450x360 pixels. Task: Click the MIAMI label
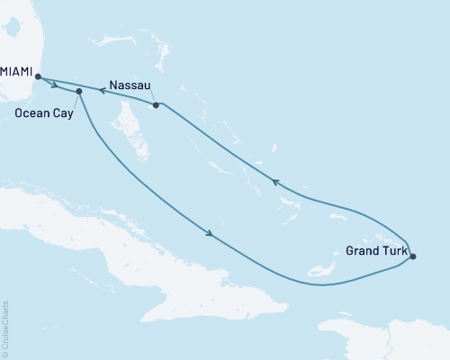(x=15, y=67)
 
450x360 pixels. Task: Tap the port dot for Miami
(x=38, y=77)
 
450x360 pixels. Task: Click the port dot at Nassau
(x=157, y=105)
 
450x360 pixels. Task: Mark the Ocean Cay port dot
(x=80, y=92)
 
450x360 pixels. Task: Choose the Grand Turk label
(x=374, y=249)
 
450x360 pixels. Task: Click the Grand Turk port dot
(x=413, y=257)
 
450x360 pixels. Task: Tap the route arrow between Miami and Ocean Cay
(x=56, y=86)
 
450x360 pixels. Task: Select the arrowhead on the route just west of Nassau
(x=101, y=90)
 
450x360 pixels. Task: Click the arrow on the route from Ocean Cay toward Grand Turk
(x=210, y=235)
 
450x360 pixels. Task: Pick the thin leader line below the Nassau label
(x=151, y=97)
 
